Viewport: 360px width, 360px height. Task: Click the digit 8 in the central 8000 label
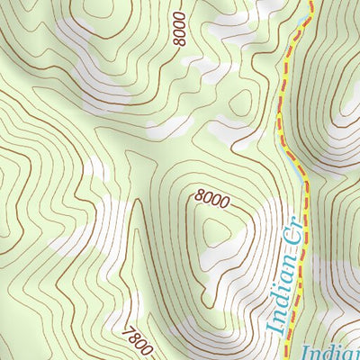click(x=198, y=193)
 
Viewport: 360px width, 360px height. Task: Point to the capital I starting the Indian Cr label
click(x=278, y=327)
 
